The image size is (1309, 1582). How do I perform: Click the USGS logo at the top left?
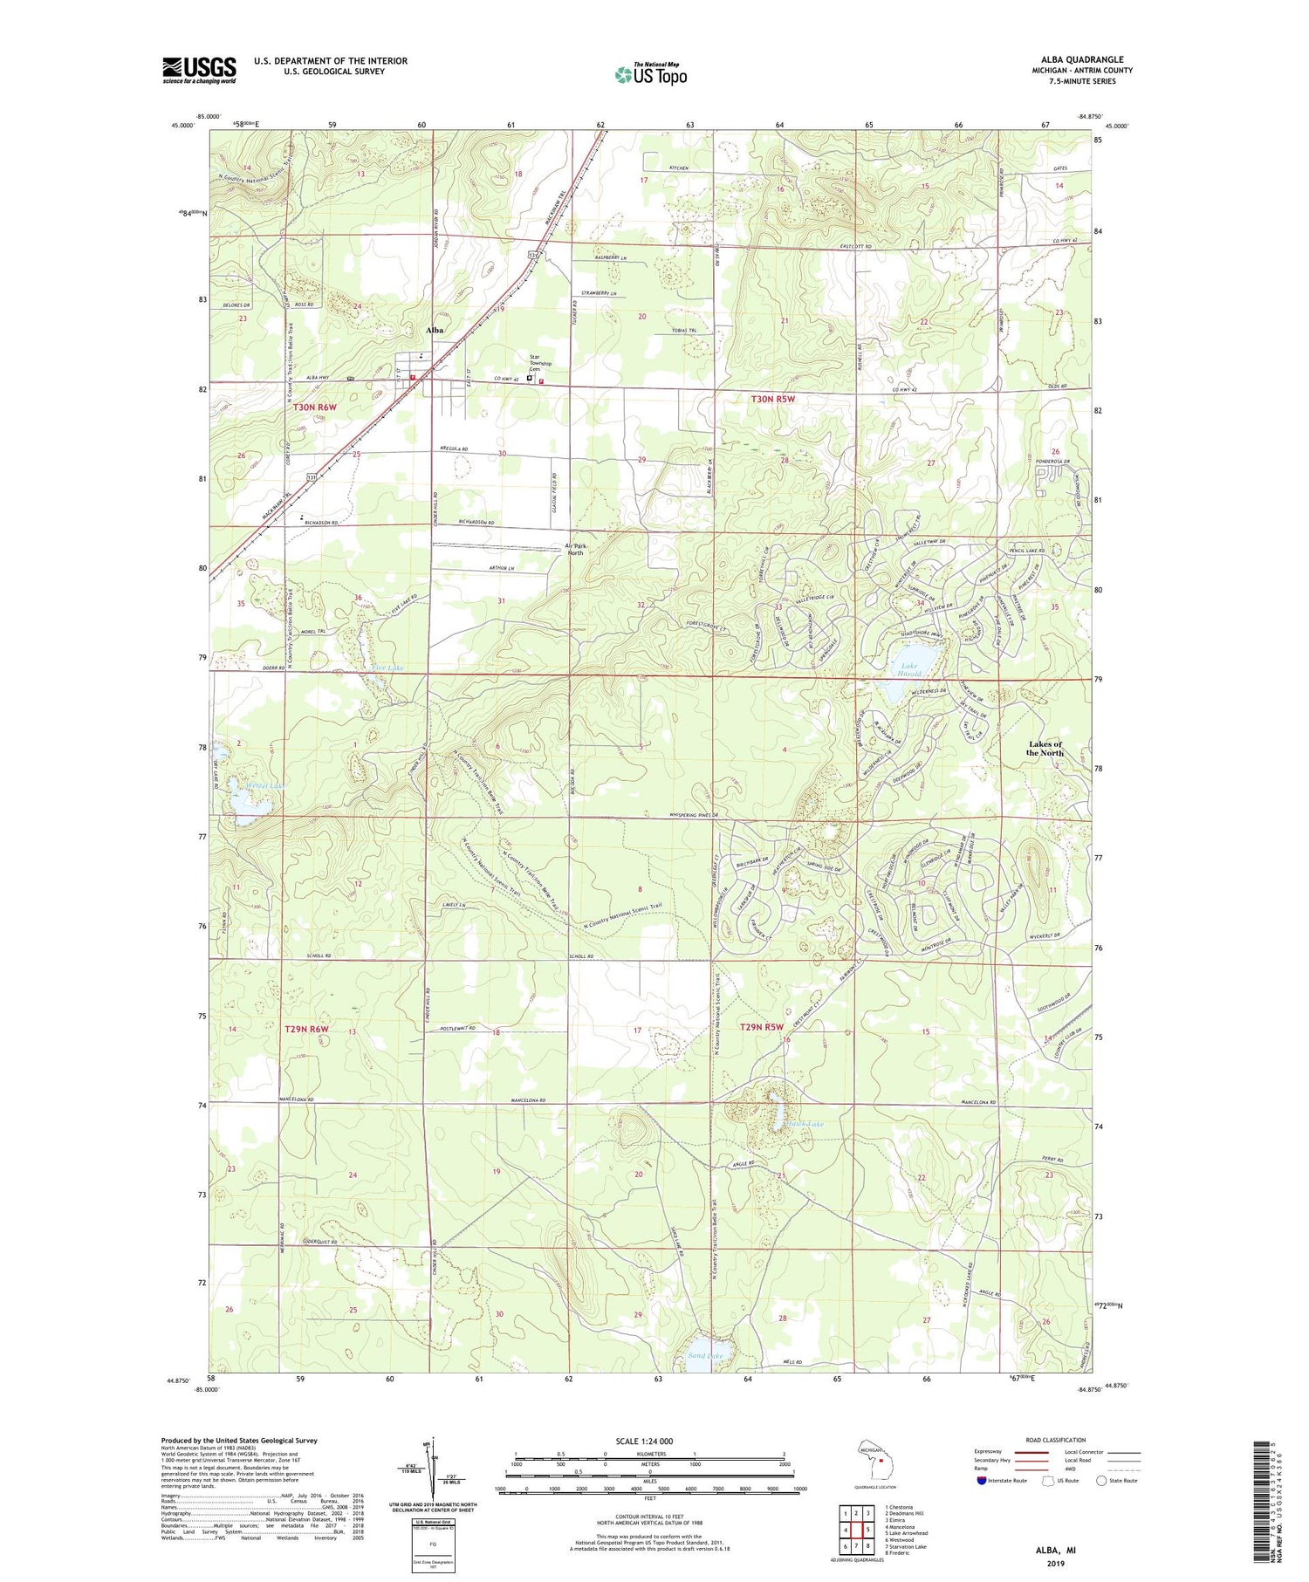[x=199, y=70]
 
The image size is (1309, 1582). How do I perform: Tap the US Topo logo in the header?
[x=651, y=75]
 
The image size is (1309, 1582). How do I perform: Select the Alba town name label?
[x=434, y=331]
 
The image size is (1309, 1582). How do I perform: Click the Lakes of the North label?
[x=1044, y=748]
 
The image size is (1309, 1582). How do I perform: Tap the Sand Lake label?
[x=705, y=1356]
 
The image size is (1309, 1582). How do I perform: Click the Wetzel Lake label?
[x=264, y=785]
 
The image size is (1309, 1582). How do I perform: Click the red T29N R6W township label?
[x=307, y=1030]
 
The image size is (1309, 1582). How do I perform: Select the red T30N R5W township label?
[x=773, y=399]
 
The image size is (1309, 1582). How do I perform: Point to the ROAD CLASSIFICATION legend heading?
[x=1056, y=1440]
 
